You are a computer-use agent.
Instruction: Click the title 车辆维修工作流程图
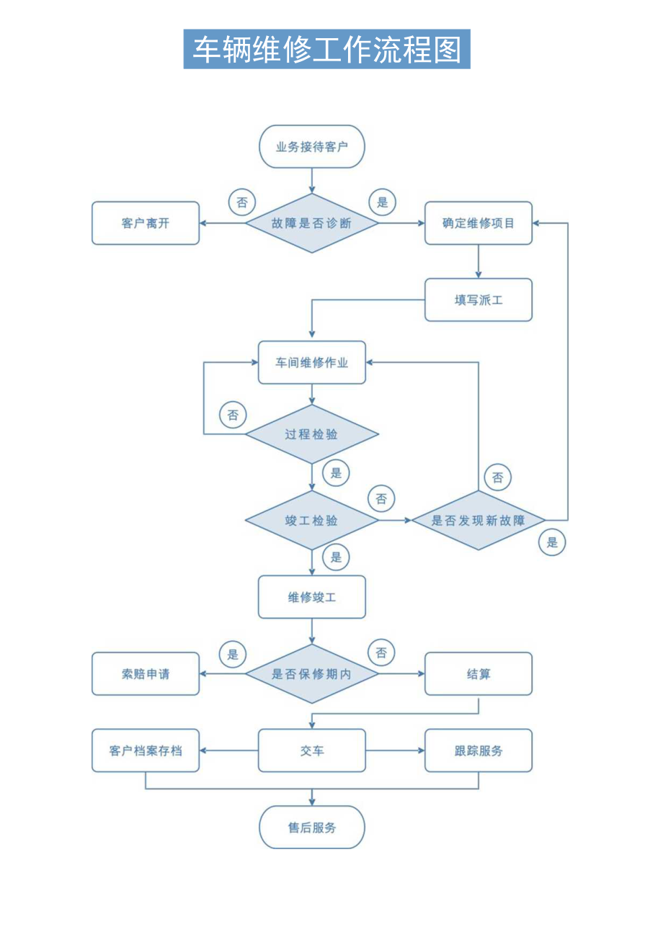click(326, 49)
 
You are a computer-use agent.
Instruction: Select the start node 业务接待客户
click(312, 147)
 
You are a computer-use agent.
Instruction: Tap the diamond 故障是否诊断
click(312, 223)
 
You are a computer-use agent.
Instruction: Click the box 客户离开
click(146, 223)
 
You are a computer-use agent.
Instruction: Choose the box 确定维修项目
click(479, 223)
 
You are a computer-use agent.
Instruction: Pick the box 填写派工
click(479, 300)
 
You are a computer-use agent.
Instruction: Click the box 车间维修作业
click(312, 362)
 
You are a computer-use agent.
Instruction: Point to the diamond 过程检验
click(312, 434)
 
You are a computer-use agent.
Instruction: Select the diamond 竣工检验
click(312, 520)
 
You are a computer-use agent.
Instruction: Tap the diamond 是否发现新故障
click(479, 520)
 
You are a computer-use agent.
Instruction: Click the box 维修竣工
click(312, 597)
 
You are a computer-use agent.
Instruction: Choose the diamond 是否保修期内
click(312, 674)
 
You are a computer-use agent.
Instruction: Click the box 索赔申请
click(146, 674)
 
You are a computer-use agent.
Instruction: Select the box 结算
click(479, 674)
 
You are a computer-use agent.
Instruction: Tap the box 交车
click(312, 750)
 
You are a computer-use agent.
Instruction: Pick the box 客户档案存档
click(146, 750)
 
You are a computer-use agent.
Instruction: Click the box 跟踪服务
click(479, 750)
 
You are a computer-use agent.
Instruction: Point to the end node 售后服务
click(312, 828)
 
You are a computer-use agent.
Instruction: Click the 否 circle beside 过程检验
click(233, 415)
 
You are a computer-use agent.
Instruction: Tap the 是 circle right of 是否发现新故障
click(552, 542)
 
